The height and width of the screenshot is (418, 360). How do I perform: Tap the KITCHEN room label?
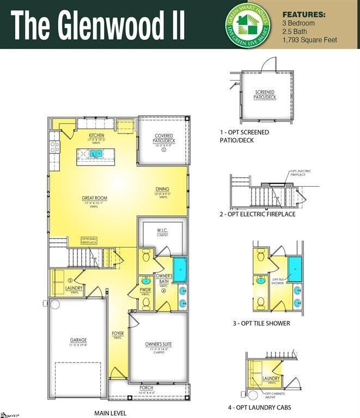coord(97,135)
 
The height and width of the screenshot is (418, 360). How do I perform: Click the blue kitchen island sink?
coord(96,154)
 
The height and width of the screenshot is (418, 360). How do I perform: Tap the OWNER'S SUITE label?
coord(158,344)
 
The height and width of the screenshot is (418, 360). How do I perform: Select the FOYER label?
coord(118,334)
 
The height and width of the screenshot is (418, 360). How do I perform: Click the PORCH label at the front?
coord(146,388)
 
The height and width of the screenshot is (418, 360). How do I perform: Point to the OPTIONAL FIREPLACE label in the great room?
coord(89,239)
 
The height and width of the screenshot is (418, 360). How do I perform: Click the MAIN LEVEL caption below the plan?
coord(111,413)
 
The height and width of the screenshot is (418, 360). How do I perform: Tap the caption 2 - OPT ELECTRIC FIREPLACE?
coord(258,214)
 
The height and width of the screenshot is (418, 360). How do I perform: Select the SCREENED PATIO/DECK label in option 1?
coord(265,95)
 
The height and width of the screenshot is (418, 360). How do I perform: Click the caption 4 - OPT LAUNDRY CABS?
coord(259,407)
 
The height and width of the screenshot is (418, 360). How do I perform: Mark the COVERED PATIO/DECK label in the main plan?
coord(164,138)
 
